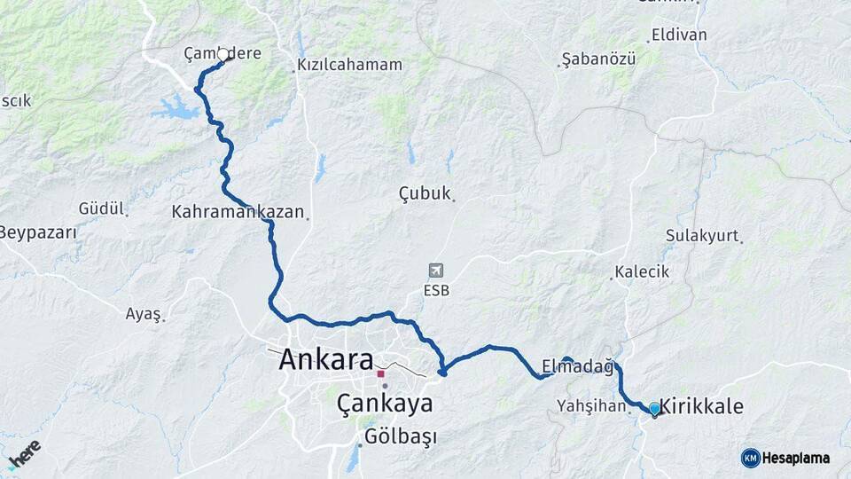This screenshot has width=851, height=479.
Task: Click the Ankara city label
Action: pyautogui.click(x=325, y=360)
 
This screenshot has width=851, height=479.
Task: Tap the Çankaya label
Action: pyautogui.click(x=385, y=404)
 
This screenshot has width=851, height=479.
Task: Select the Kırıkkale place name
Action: pyautogui.click(x=701, y=406)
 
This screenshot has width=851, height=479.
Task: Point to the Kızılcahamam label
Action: pyautogui.click(x=349, y=65)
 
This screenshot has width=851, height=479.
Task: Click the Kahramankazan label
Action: pyautogui.click(x=238, y=213)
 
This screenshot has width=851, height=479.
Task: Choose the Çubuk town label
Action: pyautogui.click(x=425, y=193)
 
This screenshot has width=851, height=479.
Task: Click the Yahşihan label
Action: pyautogui.click(x=591, y=405)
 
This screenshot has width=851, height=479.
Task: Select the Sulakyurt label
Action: pyautogui.click(x=702, y=236)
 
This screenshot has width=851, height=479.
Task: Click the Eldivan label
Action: pyautogui.click(x=679, y=35)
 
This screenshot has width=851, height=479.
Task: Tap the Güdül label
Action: pyautogui.click(x=100, y=208)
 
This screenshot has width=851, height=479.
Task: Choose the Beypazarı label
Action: pyautogui.click(x=37, y=233)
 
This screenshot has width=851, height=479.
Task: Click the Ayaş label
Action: pyautogui.click(x=143, y=314)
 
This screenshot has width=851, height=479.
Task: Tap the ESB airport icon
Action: pyautogui.click(x=435, y=271)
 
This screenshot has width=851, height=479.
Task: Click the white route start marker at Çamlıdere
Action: pyautogui.click(x=223, y=54)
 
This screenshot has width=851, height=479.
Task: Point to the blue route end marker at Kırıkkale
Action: pyautogui.click(x=654, y=408)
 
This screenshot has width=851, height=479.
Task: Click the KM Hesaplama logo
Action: pyautogui.click(x=785, y=458)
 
